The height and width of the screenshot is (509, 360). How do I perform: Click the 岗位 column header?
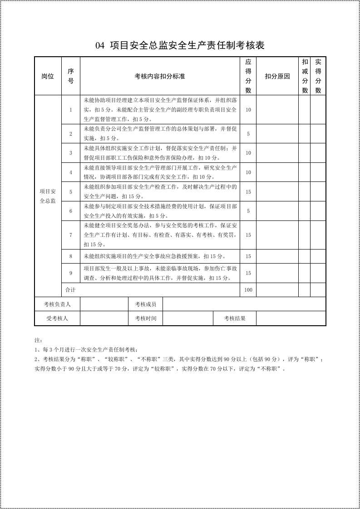48,76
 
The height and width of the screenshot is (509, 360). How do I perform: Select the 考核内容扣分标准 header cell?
160,76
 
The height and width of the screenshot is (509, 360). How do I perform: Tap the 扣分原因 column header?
277,76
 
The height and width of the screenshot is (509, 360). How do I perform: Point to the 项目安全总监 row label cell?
48,196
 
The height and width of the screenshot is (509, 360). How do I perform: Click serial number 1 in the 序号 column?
71,110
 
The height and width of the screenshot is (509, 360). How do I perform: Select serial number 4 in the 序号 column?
71,172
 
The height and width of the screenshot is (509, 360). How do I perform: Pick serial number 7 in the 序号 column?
71,235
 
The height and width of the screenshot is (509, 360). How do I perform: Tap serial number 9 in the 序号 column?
71,273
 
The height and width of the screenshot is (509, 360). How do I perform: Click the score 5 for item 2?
248,134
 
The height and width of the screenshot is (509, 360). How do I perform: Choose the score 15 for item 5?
248,192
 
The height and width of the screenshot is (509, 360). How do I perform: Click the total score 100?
248,290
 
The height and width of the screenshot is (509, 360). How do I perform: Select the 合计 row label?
70,290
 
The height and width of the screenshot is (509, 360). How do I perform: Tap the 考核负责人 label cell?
57,304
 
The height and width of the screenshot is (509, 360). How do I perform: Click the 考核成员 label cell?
145,304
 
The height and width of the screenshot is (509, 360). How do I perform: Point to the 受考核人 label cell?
57,318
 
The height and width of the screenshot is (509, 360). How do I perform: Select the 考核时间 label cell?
145,318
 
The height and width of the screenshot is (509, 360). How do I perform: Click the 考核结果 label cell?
235,318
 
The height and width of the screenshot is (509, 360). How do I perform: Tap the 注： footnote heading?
38,340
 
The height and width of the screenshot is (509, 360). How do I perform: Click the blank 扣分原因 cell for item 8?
277,256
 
